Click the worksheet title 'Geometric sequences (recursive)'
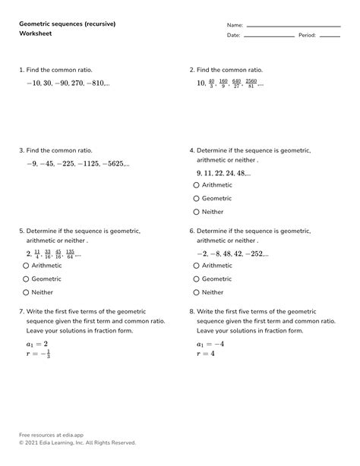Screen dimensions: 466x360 (66, 24)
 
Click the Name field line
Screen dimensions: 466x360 (293, 26)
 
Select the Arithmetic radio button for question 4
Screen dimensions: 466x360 (197, 185)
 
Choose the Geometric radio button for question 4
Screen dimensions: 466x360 (197, 199)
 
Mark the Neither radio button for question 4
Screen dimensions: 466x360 (197, 213)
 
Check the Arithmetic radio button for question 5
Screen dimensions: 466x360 (27, 266)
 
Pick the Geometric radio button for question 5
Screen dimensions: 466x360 (27, 279)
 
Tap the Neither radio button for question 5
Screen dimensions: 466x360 (27, 292)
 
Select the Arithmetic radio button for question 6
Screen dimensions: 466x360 (197, 266)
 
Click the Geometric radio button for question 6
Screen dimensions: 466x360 (197, 279)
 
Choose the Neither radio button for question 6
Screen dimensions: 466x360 (197, 292)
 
